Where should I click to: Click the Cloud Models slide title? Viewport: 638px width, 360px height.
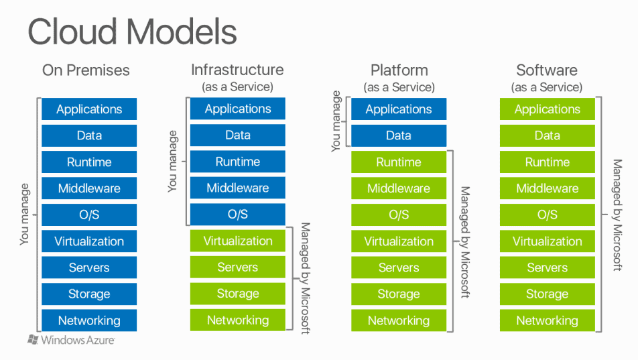pos(132,32)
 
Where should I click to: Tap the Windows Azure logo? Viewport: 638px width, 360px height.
pos(71,340)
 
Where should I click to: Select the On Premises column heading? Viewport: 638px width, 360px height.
pos(86,70)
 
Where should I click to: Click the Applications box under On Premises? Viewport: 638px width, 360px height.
pos(89,109)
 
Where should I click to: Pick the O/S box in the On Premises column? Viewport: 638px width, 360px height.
pos(89,215)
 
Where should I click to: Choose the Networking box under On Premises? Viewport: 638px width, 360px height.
pos(89,320)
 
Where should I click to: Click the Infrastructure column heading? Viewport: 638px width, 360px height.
pos(237,70)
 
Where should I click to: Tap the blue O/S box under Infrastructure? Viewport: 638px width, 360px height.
pos(237,215)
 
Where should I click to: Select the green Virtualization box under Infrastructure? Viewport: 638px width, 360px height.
pos(237,241)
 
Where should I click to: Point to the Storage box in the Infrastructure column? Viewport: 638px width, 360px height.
pos(237,294)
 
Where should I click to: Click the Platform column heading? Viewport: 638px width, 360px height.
pos(399,70)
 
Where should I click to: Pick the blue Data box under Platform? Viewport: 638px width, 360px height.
pos(399,135)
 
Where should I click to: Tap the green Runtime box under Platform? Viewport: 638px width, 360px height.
pos(399,162)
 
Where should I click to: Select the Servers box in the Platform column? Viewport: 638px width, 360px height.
pos(399,267)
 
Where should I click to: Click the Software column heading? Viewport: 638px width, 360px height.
pos(547,70)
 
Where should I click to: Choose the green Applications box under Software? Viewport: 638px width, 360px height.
pos(547,109)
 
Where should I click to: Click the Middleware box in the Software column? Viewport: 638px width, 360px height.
pos(547,188)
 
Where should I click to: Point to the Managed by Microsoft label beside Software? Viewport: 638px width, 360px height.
pos(617,215)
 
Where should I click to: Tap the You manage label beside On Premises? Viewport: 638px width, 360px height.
pos(25,215)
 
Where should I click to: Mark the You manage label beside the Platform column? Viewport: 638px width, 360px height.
pos(336,121)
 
